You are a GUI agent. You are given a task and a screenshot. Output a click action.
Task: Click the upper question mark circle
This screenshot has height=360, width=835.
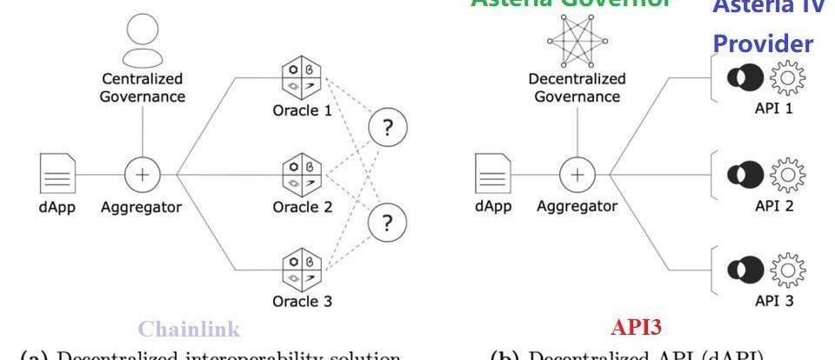[x=387, y=129]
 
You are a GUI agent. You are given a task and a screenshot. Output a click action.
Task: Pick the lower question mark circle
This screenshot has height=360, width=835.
[x=387, y=223]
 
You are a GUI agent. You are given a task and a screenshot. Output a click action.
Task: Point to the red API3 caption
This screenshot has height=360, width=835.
[x=636, y=327]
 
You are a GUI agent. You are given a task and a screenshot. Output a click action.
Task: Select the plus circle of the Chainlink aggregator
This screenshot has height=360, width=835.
[x=142, y=174]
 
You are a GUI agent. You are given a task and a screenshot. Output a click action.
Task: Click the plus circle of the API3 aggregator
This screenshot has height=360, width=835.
[x=577, y=174]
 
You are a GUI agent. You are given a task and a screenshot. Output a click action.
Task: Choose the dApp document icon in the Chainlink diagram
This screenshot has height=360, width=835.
[x=55, y=173]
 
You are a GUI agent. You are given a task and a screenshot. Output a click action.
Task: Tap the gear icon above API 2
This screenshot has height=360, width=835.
[x=789, y=174]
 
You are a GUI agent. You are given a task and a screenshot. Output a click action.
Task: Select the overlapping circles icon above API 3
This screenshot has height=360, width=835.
[x=745, y=269]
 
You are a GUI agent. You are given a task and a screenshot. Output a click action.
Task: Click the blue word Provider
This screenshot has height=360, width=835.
[x=763, y=43]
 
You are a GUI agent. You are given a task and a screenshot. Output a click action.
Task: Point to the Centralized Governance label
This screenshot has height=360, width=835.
[x=142, y=89]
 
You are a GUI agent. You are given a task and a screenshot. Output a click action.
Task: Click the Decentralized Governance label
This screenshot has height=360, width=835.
[x=577, y=87]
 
